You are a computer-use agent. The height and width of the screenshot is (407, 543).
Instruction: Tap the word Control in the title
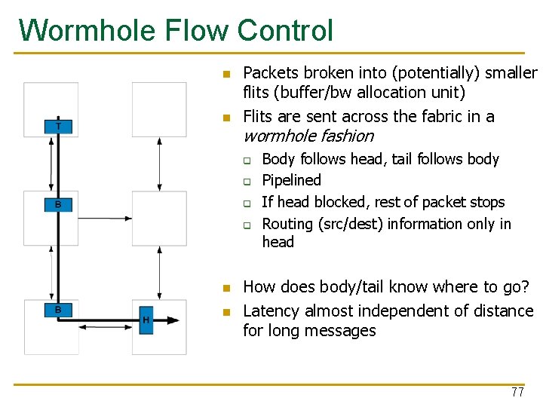284,31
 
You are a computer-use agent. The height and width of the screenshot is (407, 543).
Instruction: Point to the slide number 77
517,393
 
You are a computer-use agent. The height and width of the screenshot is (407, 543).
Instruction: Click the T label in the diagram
59,126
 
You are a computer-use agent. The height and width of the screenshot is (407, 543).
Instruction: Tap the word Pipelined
291,180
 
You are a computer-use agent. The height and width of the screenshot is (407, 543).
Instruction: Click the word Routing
287,224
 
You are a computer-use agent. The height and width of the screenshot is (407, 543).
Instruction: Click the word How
259,287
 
